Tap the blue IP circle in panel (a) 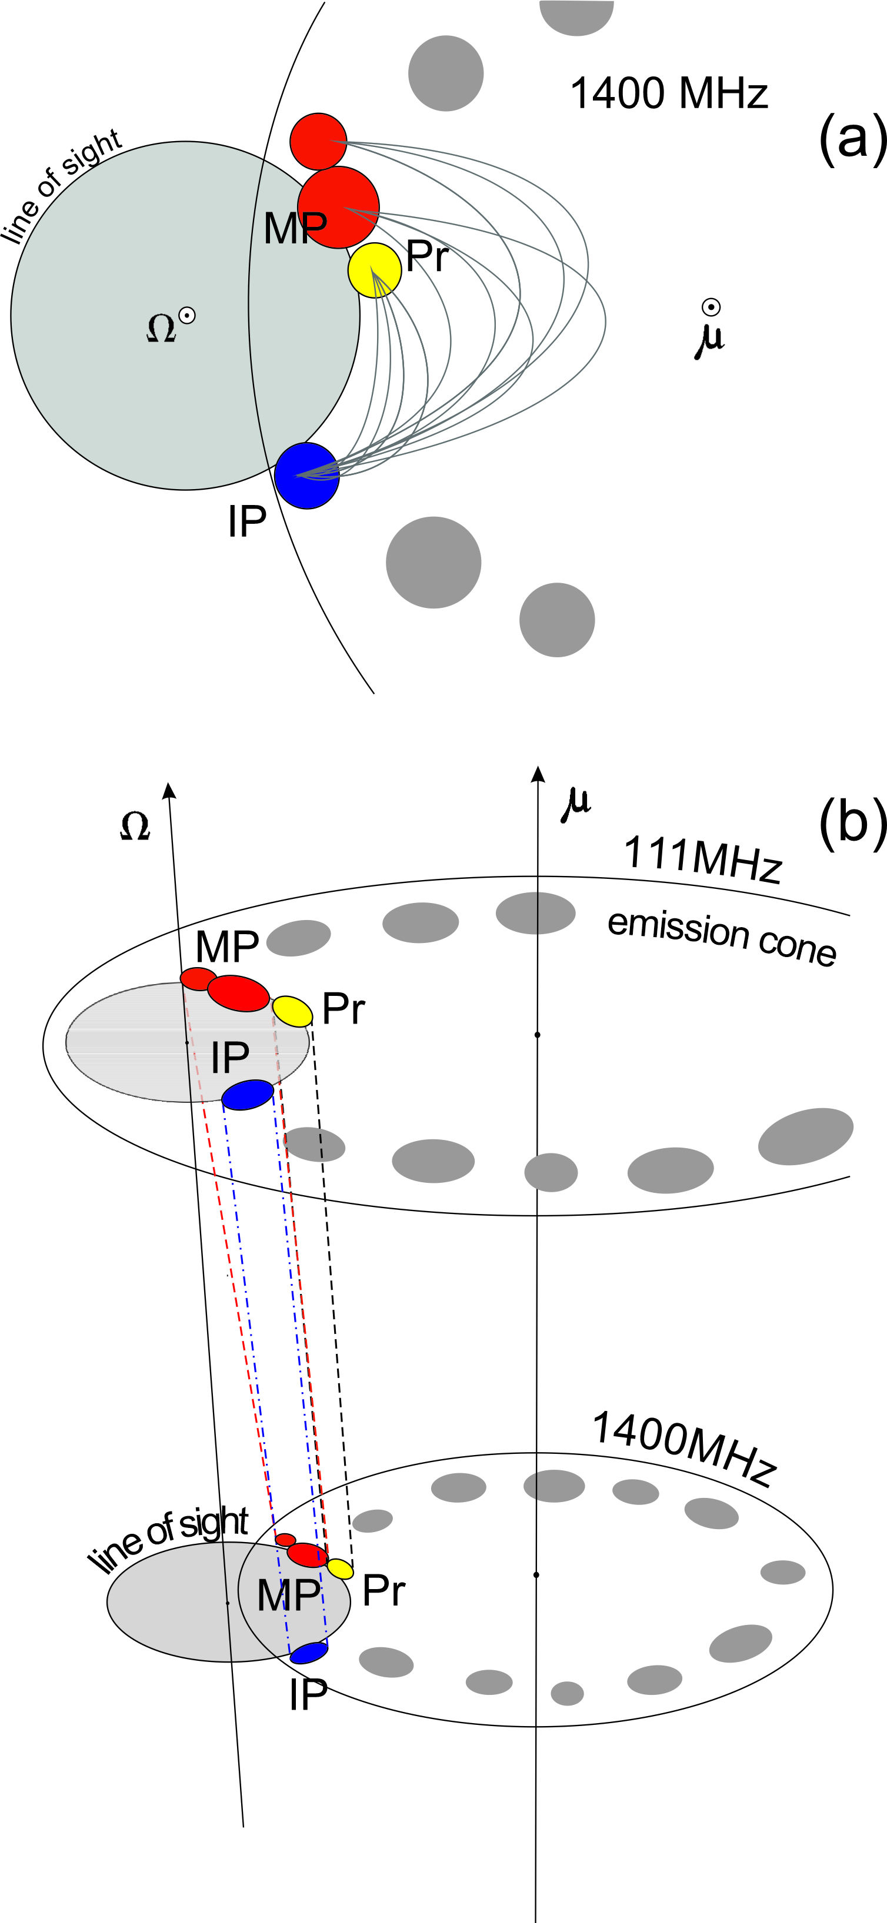[307, 476]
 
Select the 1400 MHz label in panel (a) [669, 94]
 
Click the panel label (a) [852, 138]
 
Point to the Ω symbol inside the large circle [161, 327]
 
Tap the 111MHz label [702, 858]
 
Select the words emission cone [721, 937]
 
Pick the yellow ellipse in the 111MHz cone [292, 1011]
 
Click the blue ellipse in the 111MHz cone [248, 1095]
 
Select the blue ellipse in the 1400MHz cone [308, 1653]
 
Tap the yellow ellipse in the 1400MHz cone [340, 1569]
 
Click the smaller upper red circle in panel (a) [318, 142]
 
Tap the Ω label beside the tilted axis [135, 827]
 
